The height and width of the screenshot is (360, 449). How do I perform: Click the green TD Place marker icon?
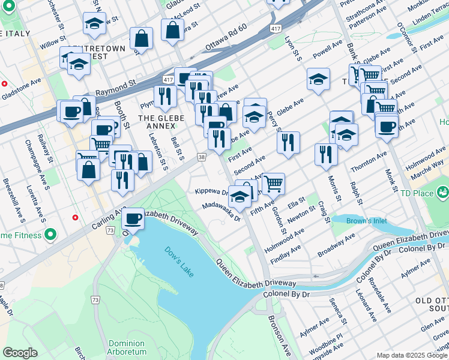click(x=442, y=193)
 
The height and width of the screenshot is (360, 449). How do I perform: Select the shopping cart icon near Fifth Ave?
click(x=273, y=182)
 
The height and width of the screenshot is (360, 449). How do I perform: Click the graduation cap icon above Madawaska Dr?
click(x=240, y=197)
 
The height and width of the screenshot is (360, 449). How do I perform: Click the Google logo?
click(x=20, y=353)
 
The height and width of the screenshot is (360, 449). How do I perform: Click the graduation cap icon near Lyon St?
click(x=318, y=79)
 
